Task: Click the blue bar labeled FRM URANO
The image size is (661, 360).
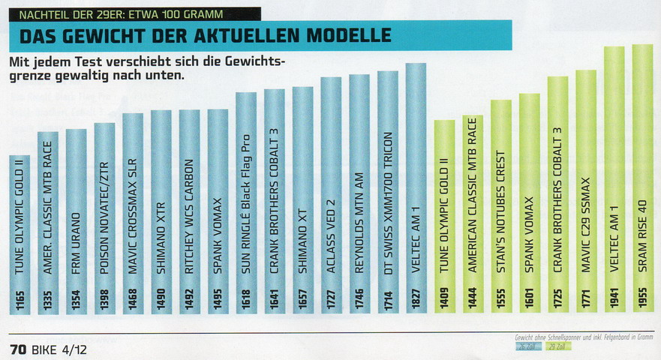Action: [76, 225]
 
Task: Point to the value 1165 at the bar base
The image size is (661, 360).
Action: [20, 303]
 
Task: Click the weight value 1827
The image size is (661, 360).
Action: [416, 303]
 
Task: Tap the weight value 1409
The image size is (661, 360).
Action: [444, 303]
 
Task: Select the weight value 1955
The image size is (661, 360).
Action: [642, 303]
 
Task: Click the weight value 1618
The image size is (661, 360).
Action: [245, 303]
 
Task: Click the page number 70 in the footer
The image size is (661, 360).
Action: [18, 349]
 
